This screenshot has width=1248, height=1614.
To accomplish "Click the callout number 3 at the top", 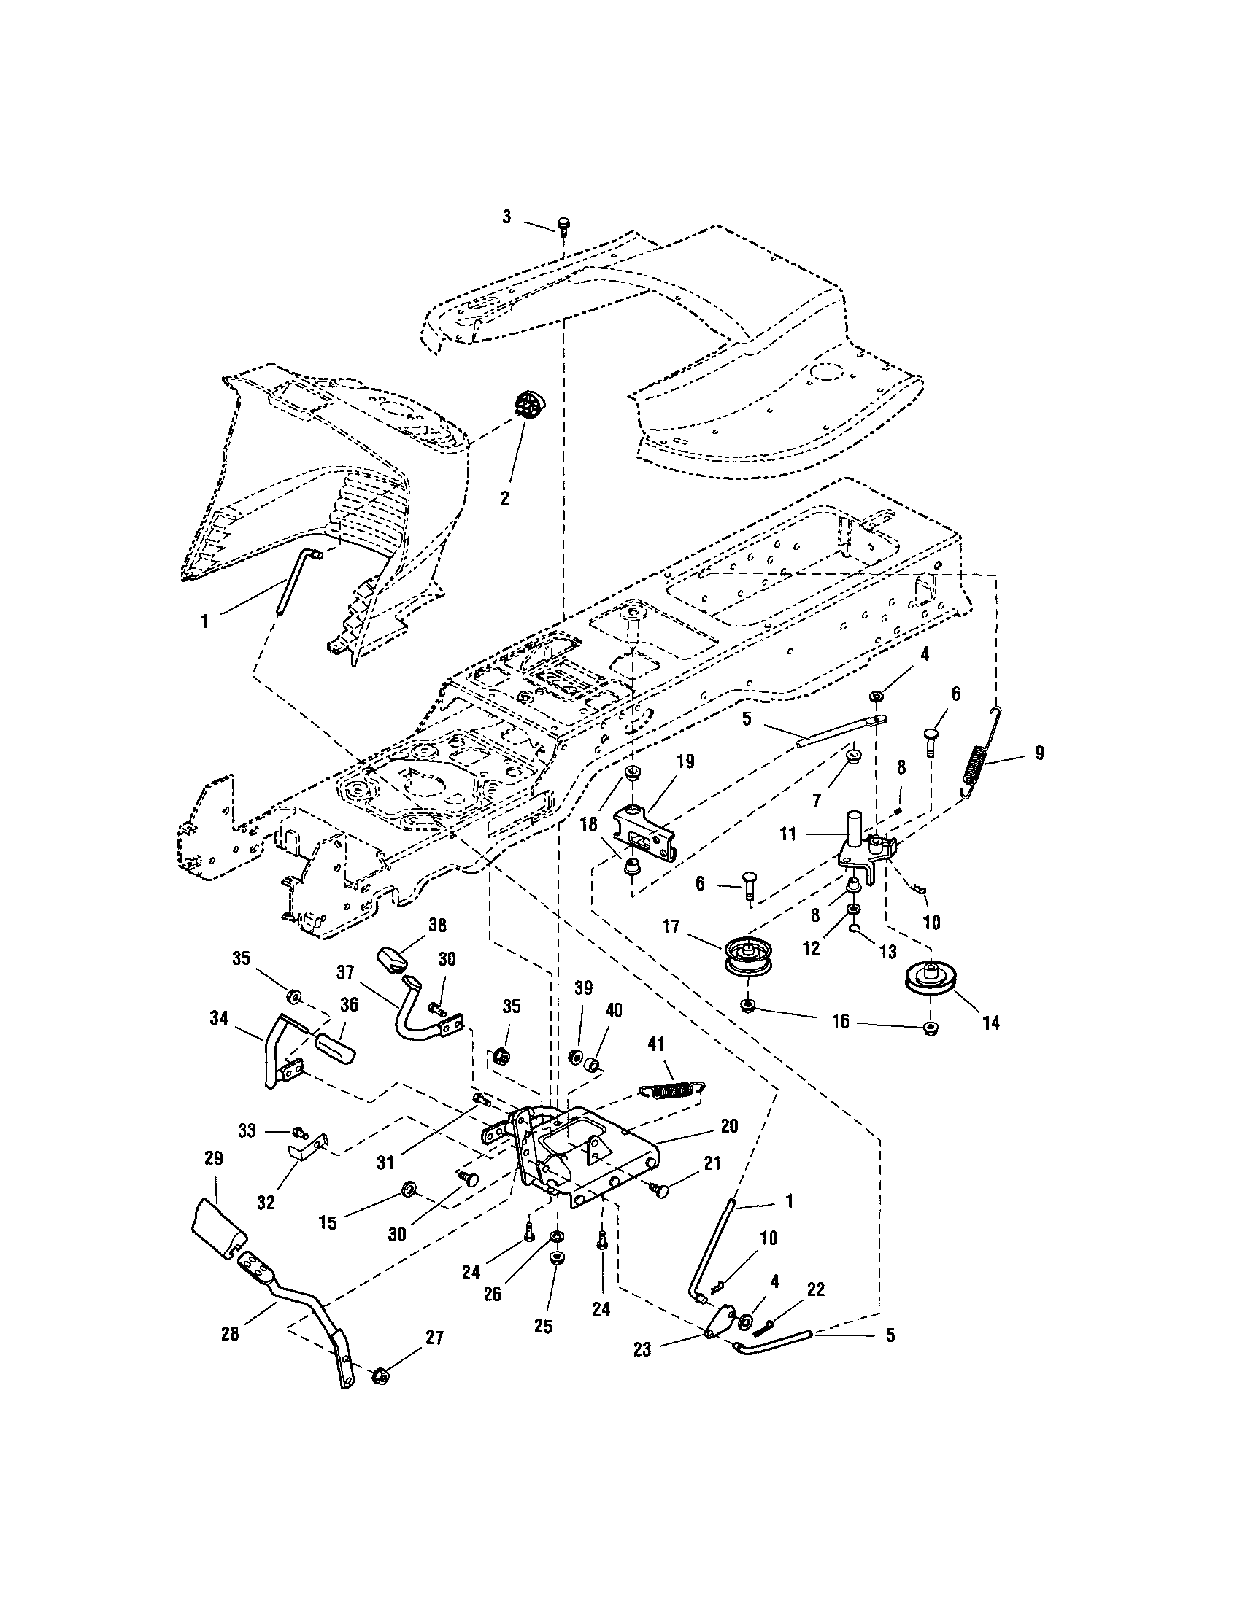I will [x=506, y=218].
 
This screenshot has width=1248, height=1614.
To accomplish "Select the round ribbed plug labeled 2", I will [x=528, y=406].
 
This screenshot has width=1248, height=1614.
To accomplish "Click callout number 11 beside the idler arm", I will [x=787, y=834].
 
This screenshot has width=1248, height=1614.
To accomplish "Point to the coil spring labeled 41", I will [x=671, y=1091].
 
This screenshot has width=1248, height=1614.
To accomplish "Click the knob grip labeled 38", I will [x=394, y=960].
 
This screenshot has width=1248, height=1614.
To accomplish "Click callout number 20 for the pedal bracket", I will [x=728, y=1127].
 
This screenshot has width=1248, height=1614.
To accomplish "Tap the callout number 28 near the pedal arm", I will [x=230, y=1335].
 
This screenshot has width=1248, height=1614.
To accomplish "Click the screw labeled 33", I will [x=300, y=1131].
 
